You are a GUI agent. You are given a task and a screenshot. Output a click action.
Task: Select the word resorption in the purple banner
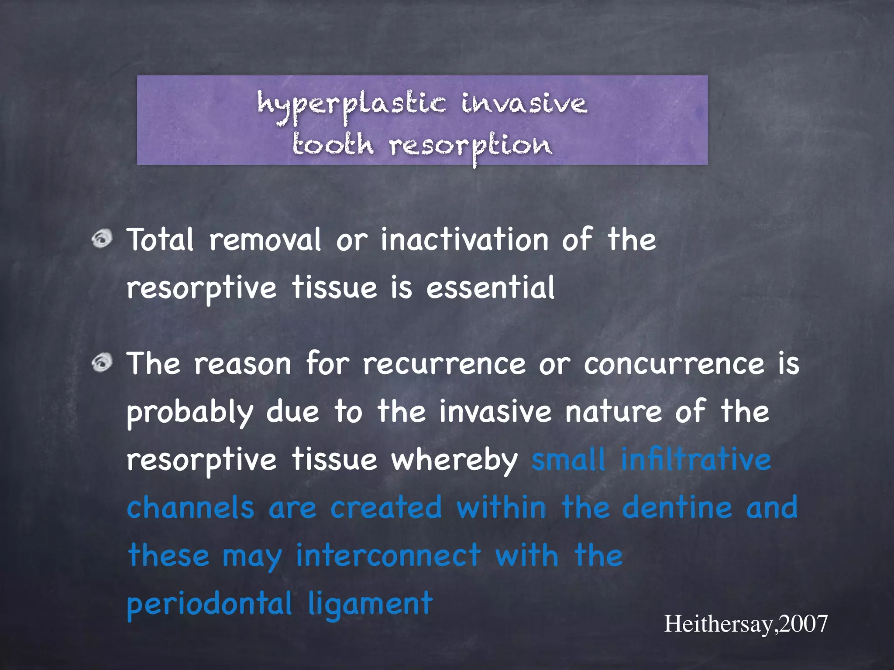tap(471, 146)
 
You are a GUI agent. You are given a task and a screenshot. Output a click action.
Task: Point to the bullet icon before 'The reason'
tap(102, 363)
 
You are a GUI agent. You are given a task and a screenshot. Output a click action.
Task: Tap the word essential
tap(490, 288)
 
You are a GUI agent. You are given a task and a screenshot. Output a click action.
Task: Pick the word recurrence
tap(444, 364)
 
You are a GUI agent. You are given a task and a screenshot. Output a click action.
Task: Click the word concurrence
tap(674, 364)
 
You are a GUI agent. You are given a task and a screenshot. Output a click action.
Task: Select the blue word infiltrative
tap(696, 460)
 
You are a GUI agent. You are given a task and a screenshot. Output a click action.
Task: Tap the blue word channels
tap(190, 508)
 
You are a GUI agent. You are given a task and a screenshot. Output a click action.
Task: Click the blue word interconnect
tap(389, 556)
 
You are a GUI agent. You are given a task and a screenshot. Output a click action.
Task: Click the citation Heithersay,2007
tap(746, 624)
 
